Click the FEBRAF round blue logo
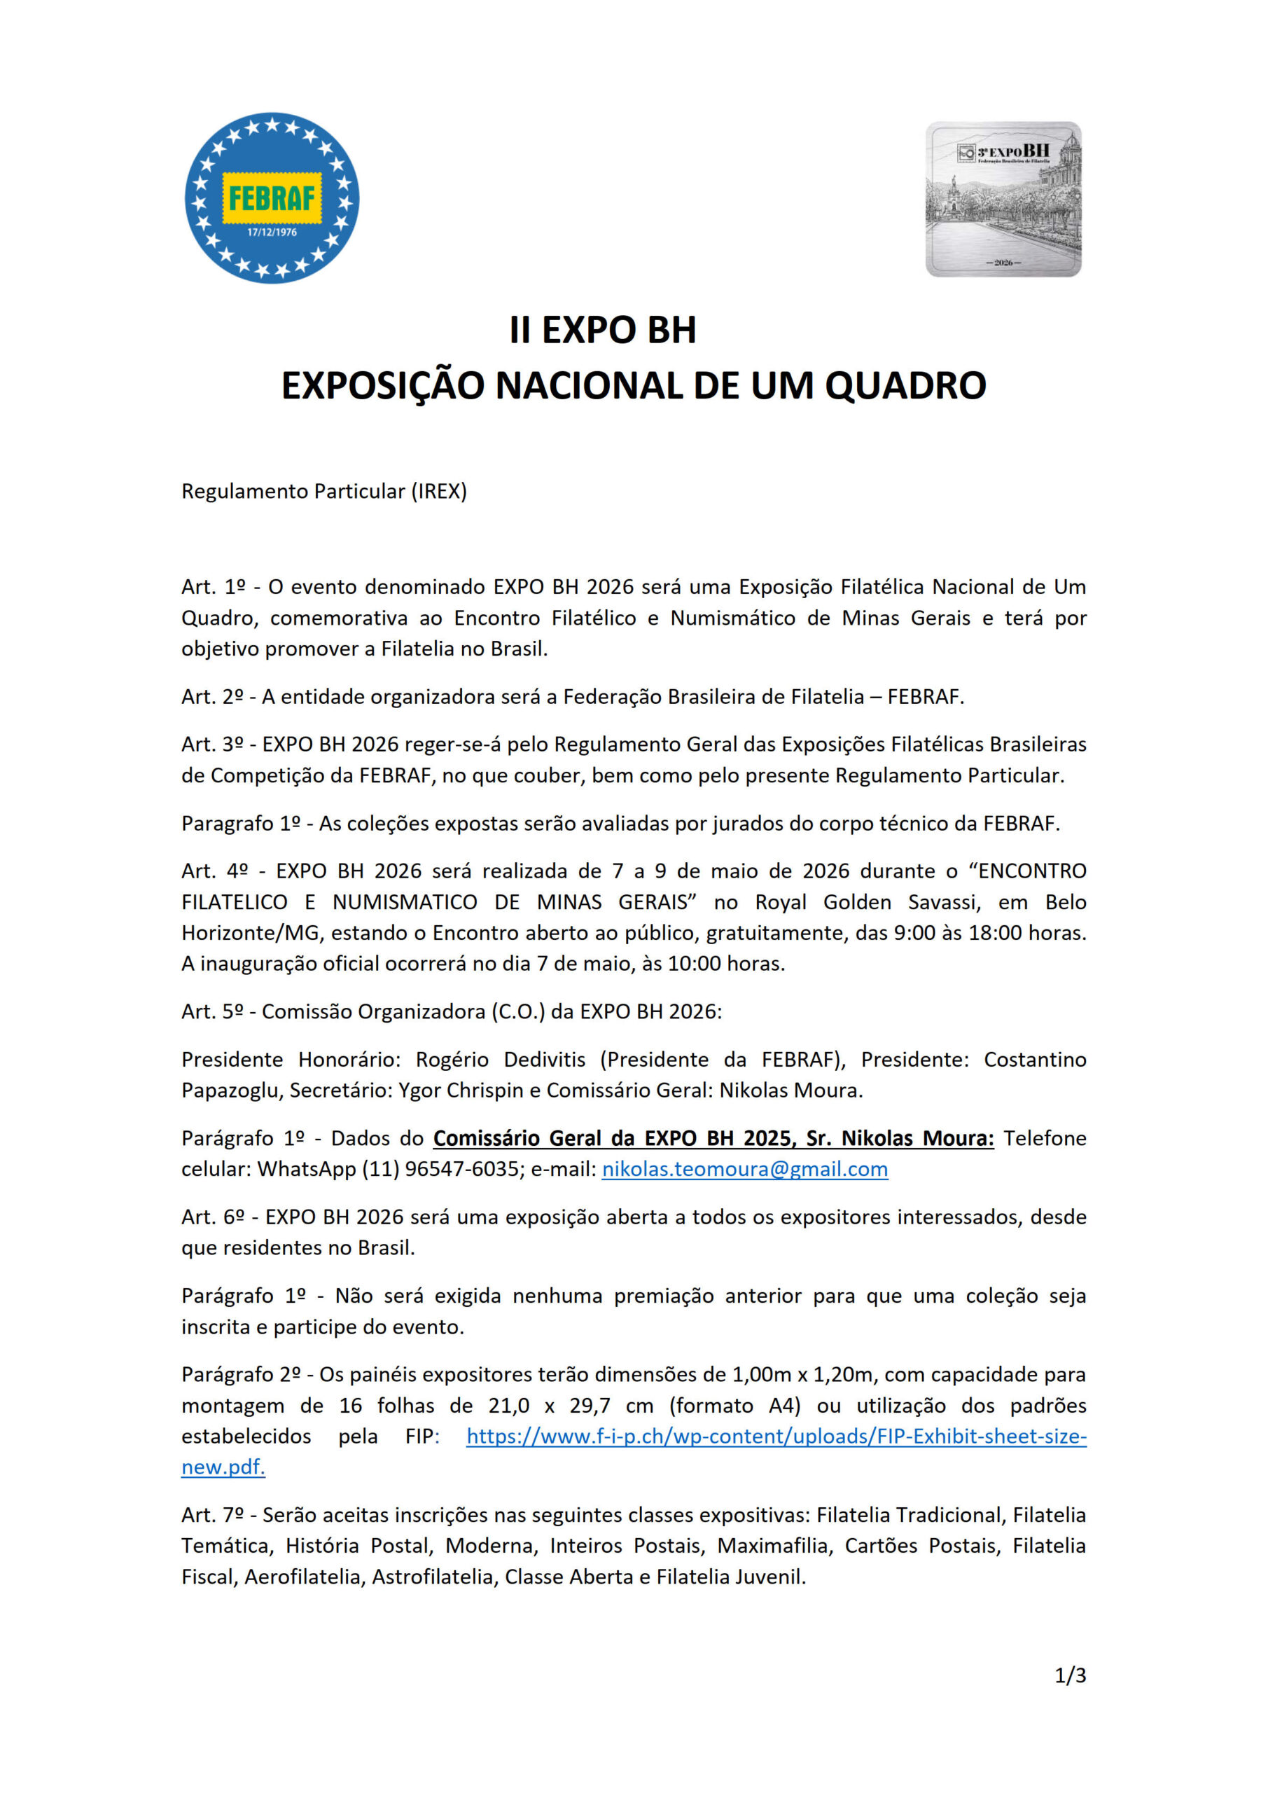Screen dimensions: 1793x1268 [x=272, y=198]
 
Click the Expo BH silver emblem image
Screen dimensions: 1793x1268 [x=1003, y=199]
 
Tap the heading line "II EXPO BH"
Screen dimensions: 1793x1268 [x=602, y=331]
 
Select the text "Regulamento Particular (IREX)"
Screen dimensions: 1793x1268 [x=324, y=491]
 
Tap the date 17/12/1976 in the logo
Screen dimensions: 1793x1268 [x=272, y=233]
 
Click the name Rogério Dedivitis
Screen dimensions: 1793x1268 [x=500, y=1060]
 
